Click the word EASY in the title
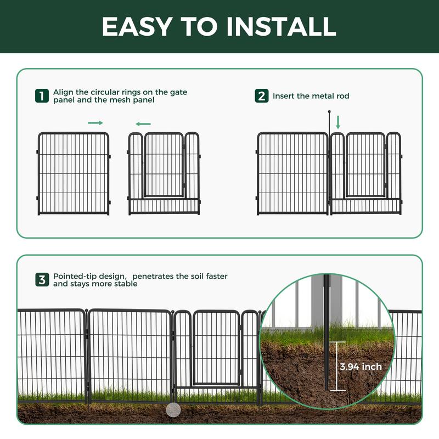pos(137,26)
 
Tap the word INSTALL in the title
pos(281,26)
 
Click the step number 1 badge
pos(42,95)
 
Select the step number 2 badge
pos(262,95)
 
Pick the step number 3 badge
pos(42,280)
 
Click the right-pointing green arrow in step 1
pos(95,123)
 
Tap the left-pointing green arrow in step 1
pos(143,124)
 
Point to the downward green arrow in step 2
pos(338,122)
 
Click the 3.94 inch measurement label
pos(361,367)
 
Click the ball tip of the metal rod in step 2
pos(329,112)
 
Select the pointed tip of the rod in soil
pos(326,390)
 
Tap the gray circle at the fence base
pos(173,410)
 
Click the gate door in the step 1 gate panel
pos(164,165)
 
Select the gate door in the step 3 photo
pos(216,348)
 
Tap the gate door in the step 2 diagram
pos(365,165)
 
